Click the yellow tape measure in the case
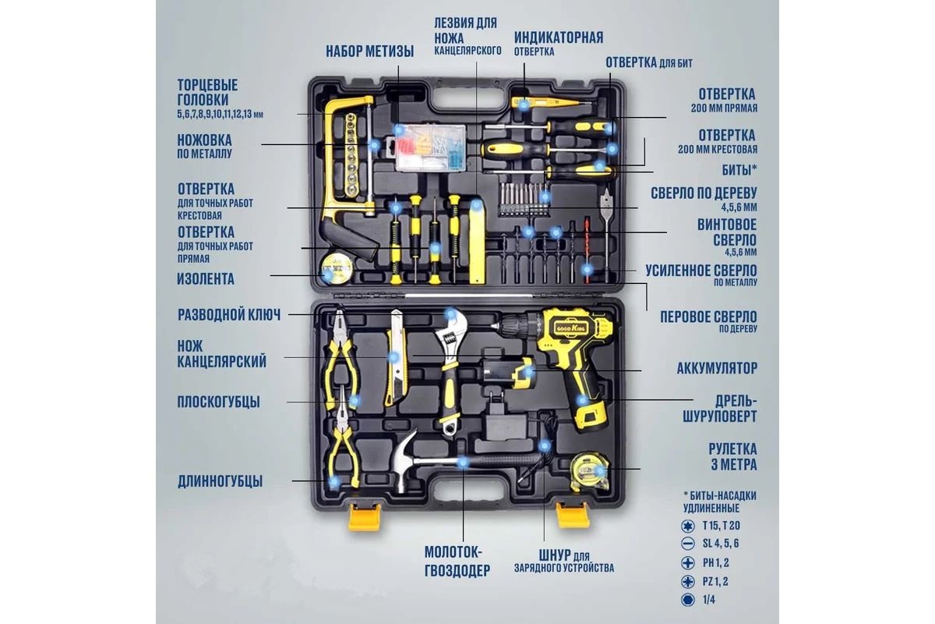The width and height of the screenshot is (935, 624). tap(591, 470)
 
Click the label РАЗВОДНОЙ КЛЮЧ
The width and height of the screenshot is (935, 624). tap(229, 314)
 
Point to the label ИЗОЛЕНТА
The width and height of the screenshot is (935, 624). tap(206, 278)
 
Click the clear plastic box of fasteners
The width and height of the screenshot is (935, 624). tap(430, 147)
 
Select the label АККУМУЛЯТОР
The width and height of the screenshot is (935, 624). tap(717, 368)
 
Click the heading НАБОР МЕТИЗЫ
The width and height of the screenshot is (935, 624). tap(370, 51)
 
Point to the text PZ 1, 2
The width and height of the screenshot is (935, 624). tap(715, 581)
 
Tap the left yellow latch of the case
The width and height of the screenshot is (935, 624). tap(365, 517)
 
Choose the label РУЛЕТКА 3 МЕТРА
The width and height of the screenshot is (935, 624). tap(732, 457)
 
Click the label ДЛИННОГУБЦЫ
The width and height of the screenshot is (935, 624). tap(220, 481)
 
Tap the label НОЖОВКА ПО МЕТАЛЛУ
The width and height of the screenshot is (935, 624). tap(204, 147)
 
